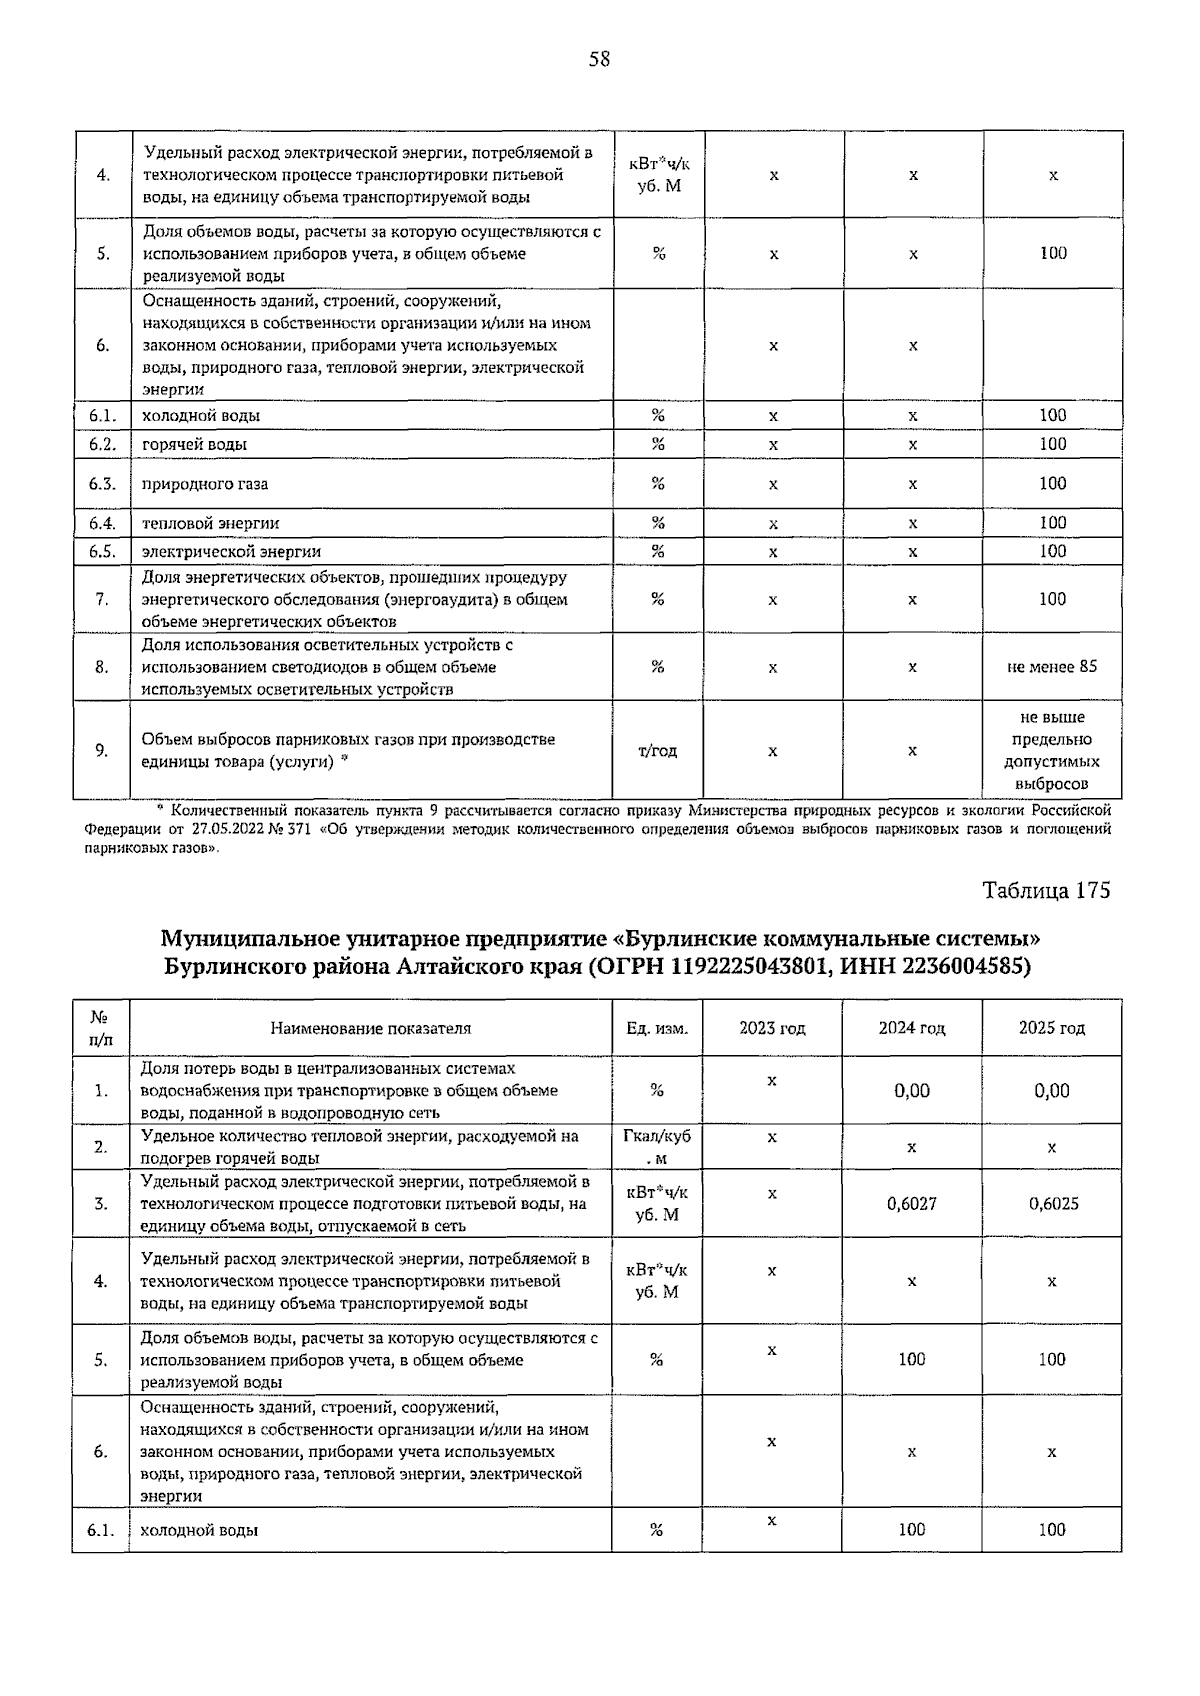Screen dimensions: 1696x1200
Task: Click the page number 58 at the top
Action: click(x=599, y=59)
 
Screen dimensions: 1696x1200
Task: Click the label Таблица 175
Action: click(x=1046, y=891)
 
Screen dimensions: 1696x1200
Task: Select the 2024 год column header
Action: click(x=911, y=1028)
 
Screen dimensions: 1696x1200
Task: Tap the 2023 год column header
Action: click(x=772, y=1028)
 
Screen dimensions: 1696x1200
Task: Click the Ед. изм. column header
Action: click(x=657, y=1028)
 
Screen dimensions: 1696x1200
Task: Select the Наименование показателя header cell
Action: click(x=370, y=1028)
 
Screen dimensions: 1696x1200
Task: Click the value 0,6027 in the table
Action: click(x=911, y=1204)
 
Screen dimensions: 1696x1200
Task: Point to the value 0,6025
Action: click(x=1053, y=1204)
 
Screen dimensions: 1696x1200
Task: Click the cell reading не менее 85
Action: click(x=1052, y=666)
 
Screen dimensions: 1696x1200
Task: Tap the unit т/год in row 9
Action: click(x=657, y=751)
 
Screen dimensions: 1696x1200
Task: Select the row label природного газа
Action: click(x=205, y=484)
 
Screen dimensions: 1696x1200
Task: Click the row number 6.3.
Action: click(x=102, y=484)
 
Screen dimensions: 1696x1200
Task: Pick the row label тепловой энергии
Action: click(x=211, y=523)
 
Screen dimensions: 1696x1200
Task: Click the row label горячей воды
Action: click(x=194, y=444)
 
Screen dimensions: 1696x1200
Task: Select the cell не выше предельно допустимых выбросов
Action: click(x=1052, y=751)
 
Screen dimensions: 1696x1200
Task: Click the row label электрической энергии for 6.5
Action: click(x=231, y=552)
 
